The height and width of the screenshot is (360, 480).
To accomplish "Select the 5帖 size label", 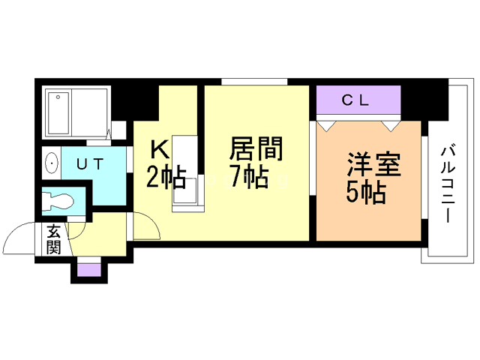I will [x=365, y=193].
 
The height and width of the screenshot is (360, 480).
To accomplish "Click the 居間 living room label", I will [x=256, y=149].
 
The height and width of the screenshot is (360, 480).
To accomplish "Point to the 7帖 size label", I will [x=249, y=178].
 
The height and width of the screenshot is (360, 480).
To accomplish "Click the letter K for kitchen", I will [x=160, y=148].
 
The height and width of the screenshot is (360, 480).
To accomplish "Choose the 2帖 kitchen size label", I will [x=165, y=178].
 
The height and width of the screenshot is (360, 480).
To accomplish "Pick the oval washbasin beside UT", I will [x=51, y=162].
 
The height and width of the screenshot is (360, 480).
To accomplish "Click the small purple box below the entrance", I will [x=88, y=269].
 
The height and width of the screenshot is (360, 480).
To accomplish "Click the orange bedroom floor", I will [x=367, y=221].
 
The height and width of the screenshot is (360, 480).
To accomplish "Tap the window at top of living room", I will [x=255, y=81].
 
